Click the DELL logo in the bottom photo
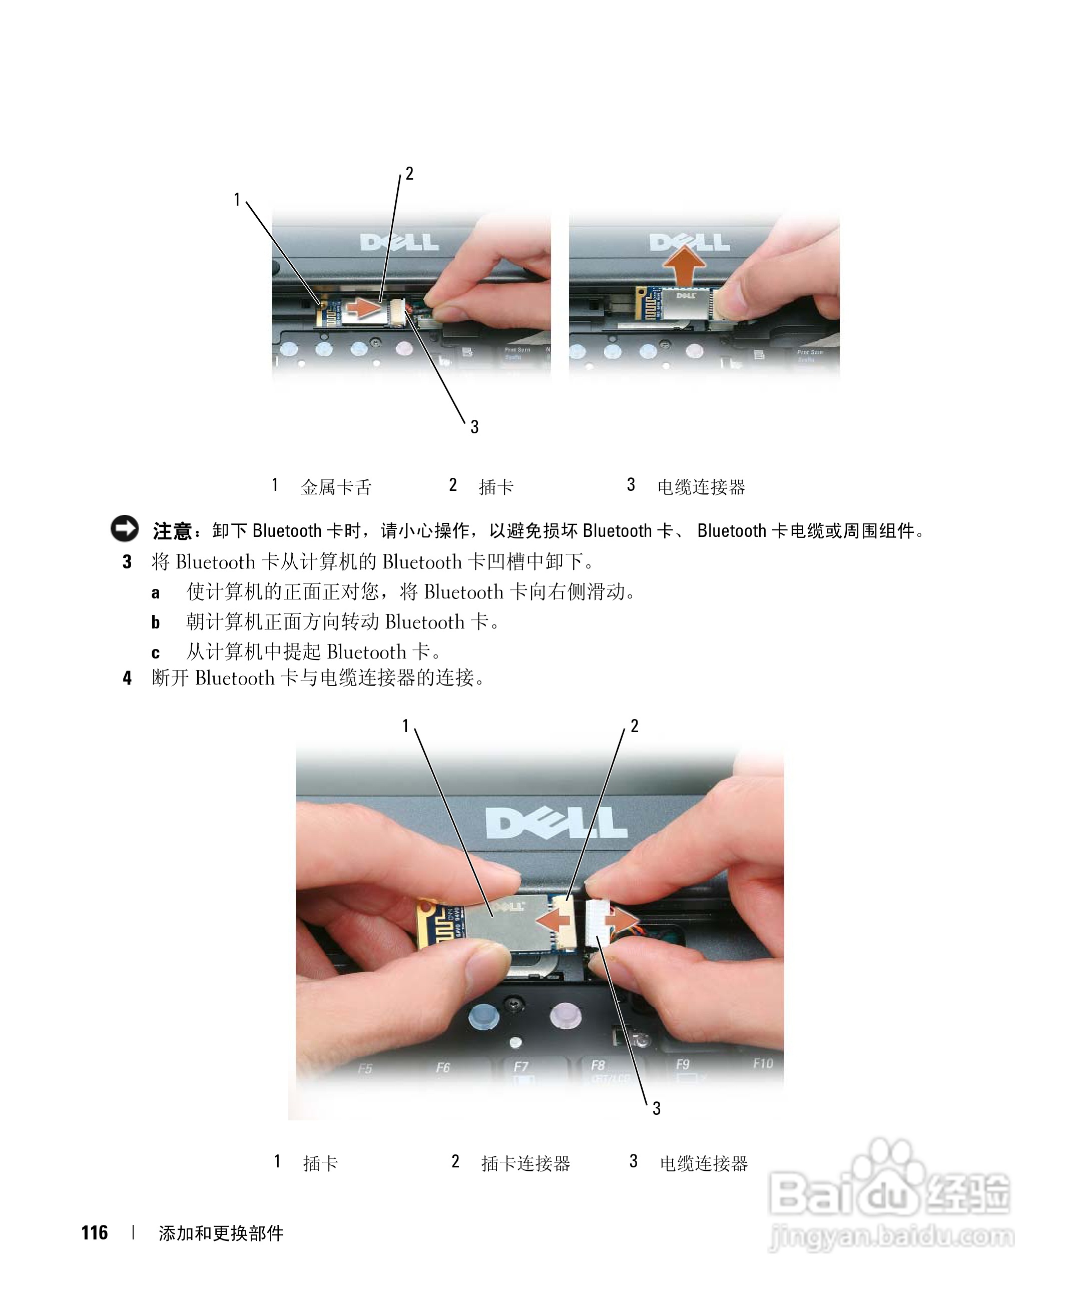pos(556,823)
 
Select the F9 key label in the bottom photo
pos(682,1064)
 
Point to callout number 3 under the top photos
pos(474,427)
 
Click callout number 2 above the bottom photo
pos(635,726)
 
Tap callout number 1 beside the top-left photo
pos(237,200)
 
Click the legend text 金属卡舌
pos(336,487)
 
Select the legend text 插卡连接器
pos(525,1163)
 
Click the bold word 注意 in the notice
pos(172,530)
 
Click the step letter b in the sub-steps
pos(156,622)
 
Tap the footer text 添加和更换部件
pos(221,1233)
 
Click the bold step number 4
pos(127,678)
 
